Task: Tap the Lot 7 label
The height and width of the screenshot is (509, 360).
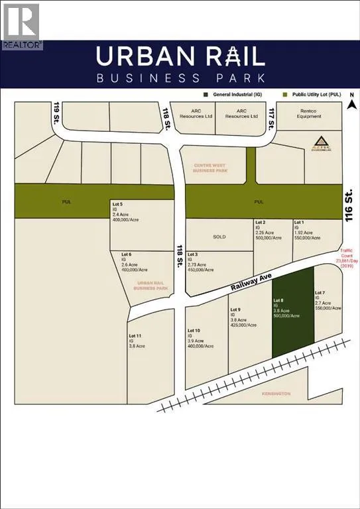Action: [320, 293]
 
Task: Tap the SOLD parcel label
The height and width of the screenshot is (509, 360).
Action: [219, 235]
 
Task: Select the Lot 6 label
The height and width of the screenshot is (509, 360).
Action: [126, 254]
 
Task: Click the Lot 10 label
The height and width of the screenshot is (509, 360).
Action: [194, 330]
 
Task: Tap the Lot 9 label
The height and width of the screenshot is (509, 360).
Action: [235, 310]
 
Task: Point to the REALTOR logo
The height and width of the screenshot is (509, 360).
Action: [21, 27]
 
